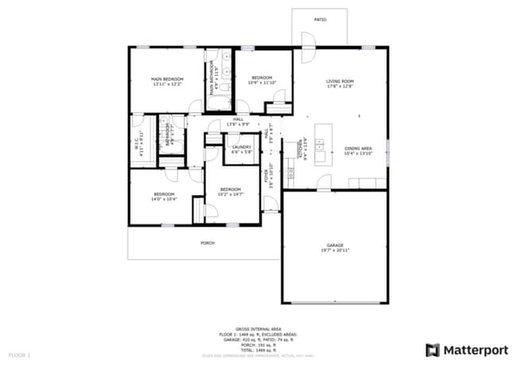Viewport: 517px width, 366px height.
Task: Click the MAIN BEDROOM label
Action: (x=168, y=79)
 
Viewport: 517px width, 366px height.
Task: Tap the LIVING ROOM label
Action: (x=340, y=81)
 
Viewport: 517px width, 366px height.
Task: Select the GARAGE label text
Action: (x=335, y=244)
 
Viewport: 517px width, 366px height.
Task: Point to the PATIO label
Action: (x=320, y=19)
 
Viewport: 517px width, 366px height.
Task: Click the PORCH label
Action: (x=208, y=243)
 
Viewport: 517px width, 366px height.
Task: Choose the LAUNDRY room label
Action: (x=241, y=147)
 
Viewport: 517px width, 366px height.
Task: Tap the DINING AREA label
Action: (x=358, y=149)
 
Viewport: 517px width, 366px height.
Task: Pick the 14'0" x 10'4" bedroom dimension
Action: (x=164, y=199)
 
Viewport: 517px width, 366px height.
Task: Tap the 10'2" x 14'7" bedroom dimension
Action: (x=231, y=194)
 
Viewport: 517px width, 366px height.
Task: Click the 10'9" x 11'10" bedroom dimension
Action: (x=262, y=83)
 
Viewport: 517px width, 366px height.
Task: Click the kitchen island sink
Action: (x=321, y=146)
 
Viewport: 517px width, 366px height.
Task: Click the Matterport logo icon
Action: (x=433, y=350)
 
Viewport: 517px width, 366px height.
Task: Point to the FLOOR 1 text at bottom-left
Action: (x=19, y=353)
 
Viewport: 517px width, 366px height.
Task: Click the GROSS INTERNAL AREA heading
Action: (x=258, y=328)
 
